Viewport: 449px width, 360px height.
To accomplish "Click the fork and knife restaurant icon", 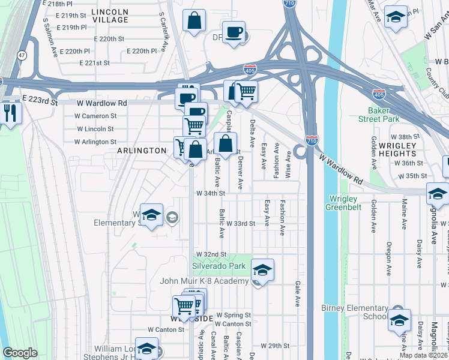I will click(x=9, y=113).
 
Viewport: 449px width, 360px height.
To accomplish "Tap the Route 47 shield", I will click(x=22, y=55).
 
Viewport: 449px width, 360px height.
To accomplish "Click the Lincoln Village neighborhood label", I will click(x=110, y=16).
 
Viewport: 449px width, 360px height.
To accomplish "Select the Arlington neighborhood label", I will click(x=142, y=151).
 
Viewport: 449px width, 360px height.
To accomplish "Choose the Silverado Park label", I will click(x=219, y=266).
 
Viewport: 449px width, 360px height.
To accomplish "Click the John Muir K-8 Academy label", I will click(x=203, y=281).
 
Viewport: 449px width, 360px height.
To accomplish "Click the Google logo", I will click(x=20, y=353).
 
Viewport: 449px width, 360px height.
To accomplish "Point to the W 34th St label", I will click(x=210, y=193).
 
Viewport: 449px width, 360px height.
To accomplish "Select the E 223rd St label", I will click(x=40, y=101).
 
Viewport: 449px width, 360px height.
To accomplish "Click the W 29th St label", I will click(x=276, y=346).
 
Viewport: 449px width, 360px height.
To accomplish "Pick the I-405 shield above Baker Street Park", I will click(x=379, y=95).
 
